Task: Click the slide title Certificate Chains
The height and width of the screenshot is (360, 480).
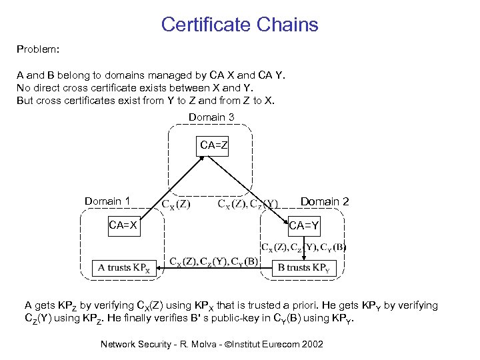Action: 240,25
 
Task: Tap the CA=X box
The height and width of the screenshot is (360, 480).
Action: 123,225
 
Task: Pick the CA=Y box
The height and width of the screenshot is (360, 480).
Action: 304,227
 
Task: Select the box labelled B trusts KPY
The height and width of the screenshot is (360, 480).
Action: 304,268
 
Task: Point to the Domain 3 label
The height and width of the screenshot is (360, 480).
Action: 211,117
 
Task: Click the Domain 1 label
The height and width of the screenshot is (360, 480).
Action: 107,201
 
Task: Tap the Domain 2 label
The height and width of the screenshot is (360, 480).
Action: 325,201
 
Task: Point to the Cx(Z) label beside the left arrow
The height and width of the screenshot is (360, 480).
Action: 176,204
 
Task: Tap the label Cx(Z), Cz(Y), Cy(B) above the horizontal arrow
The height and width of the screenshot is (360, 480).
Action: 214,261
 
